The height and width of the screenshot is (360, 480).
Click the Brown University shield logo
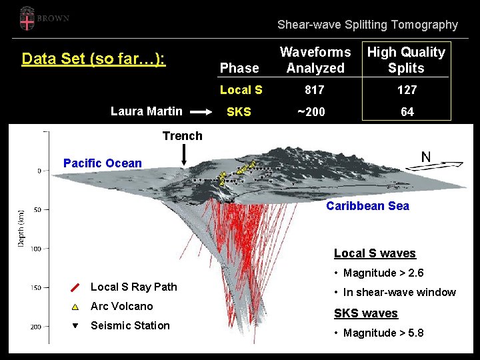point(27,18)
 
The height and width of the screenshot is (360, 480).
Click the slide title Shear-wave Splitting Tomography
point(367,25)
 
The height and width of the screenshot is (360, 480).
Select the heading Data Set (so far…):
point(93,59)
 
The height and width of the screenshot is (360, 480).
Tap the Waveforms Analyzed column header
point(315,60)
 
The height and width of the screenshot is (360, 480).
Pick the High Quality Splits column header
point(406,60)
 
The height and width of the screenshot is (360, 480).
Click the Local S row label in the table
point(241,90)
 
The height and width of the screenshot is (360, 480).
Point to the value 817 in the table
point(314,90)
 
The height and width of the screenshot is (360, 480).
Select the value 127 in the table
point(406,90)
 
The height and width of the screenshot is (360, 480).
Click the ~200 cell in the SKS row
point(312,112)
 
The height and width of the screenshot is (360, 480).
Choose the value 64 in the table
point(407,112)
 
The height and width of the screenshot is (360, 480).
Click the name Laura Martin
point(146,111)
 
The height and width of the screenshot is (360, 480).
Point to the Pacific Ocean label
point(102,163)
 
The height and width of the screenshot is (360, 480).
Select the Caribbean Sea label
point(367,206)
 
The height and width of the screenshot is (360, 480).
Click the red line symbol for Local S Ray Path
point(75,287)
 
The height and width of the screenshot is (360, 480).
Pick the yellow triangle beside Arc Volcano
point(75,307)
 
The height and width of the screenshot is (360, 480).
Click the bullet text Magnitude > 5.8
point(383,333)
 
